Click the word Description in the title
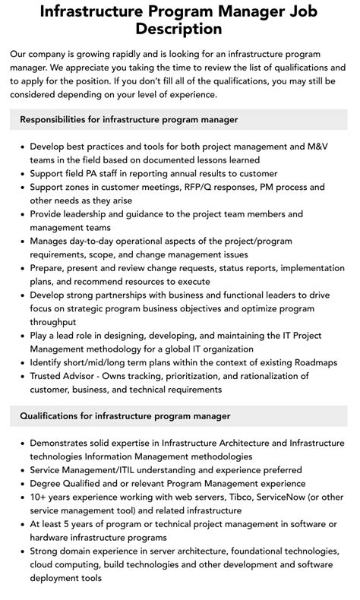coord(179,29)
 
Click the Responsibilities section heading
coord(129,119)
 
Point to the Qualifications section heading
coord(125,415)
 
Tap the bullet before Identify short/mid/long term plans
coord(21,362)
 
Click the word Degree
coord(48,484)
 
